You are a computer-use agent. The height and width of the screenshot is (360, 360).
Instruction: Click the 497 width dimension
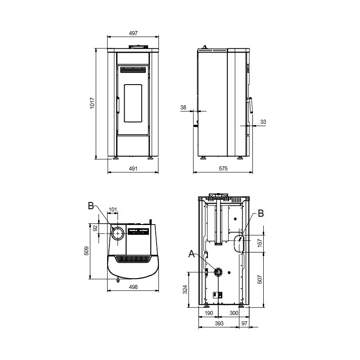click(x=133, y=33)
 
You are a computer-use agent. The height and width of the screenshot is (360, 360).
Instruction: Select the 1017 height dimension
click(x=92, y=103)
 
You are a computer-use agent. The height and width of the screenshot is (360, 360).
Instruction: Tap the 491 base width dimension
click(x=133, y=168)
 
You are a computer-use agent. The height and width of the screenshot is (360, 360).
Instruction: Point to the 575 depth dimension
click(x=223, y=168)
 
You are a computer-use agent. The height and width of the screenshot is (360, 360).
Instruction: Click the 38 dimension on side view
click(x=183, y=107)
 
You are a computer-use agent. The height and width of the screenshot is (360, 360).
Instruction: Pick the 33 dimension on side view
click(x=263, y=121)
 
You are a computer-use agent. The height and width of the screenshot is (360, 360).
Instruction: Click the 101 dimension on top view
click(x=113, y=210)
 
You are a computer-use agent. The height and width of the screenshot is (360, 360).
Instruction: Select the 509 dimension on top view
click(x=86, y=251)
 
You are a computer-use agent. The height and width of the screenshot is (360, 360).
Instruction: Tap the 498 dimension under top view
click(x=133, y=287)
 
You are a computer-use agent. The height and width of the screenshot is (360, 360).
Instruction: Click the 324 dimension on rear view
click(x=185, y=289)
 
